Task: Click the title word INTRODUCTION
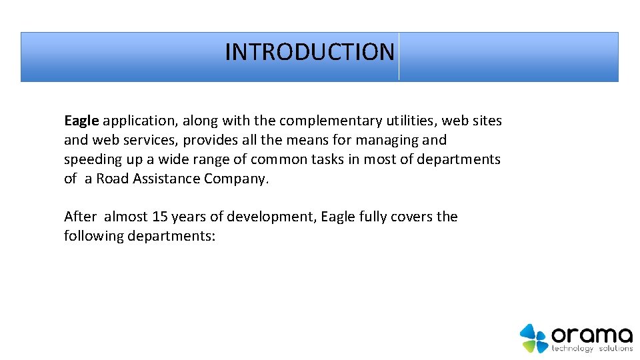pyautogui.click(x=309, y=52)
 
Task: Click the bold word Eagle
pyautogui.click(x=81, y=121)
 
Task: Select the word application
pyautogui.click(x=137, y=121)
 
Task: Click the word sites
pyautogui.click(x=486, y=121)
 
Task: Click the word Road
pyautogui.click(x=113, y=179)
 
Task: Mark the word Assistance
pyautogui.click(x=167, y=179)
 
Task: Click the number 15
pyautogui.click(x=159, y=217)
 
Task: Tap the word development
pyautogui.click(x=272, y=217)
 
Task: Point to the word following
pyautogui.click(x=93, y=237)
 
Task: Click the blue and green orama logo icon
pyautogui.click(x=533, y=338)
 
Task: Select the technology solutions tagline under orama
pyautogui.click(x=592, y=349)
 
